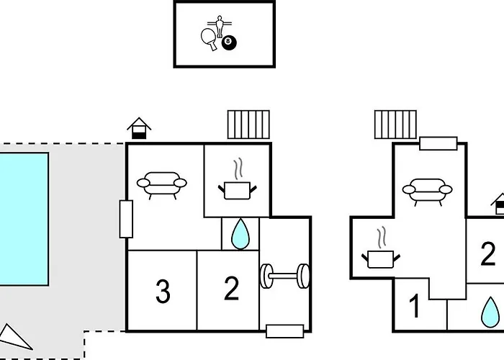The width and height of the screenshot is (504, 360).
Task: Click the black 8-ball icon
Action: (229, 42)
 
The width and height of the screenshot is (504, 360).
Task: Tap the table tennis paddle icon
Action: (209, 39)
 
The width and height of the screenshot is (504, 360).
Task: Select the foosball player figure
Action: (220, 26)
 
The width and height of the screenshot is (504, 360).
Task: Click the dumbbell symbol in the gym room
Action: (285, 276)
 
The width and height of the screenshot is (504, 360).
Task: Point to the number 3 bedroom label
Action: (163, 292)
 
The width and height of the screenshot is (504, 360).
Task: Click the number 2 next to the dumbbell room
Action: (231, 289)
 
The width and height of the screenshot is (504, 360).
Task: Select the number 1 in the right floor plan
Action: (415, 306)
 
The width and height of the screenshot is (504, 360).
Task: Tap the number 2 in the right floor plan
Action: (488, 253)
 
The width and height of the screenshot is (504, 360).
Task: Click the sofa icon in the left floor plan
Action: (162, 186)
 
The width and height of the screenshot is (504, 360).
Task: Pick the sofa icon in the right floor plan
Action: (427, 192)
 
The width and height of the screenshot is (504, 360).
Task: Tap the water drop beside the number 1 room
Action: (490, 312)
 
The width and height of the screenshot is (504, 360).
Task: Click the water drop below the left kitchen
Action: (240, 234)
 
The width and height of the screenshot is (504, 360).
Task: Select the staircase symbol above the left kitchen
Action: (248, 125)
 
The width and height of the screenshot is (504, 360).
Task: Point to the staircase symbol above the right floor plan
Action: (395, 125)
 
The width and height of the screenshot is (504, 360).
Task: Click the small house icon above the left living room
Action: (139, 128)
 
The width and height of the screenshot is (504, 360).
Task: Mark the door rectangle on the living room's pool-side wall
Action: (126, 219)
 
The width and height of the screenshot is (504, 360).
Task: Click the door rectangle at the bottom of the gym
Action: (285, 331)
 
